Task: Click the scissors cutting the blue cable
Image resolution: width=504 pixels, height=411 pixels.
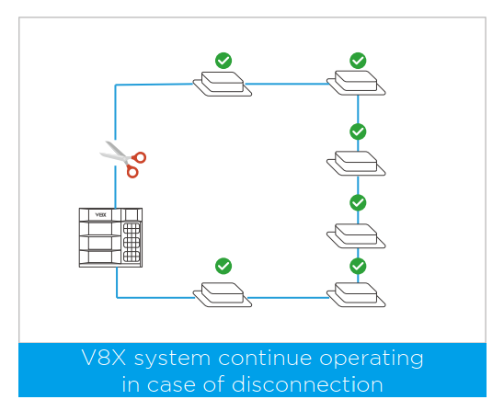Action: coord(123,159)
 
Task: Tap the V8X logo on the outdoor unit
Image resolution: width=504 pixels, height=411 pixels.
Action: coord(100,214)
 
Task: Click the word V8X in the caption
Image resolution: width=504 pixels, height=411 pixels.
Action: coord(104,358)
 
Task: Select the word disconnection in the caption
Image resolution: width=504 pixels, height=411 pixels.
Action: coord(307,383)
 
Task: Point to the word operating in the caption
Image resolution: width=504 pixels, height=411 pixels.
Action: coord(372,359)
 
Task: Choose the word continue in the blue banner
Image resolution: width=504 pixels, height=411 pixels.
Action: coord(265,358)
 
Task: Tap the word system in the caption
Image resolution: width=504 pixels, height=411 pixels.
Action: coord(172,360)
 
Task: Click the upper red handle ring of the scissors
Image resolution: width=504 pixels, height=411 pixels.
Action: coord(140,157)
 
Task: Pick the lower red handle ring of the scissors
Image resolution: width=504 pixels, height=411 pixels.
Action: coord(132,172)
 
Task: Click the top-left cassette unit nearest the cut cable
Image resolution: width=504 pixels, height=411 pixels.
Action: coord(223,84)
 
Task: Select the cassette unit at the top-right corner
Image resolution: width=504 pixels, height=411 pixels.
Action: coord(356,83)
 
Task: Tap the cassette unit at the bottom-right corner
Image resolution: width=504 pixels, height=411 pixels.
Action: coord(356,294)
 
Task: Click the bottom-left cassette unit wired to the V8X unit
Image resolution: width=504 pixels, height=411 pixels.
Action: coord(223,294)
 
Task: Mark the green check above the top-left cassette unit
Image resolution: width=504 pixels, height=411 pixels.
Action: coord(223,61)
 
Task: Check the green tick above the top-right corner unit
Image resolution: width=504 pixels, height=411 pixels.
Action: coord(358,61)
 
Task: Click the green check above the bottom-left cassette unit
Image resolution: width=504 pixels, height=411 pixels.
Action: coord(223,266)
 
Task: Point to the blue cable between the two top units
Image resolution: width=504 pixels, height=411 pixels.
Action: coord(287,85)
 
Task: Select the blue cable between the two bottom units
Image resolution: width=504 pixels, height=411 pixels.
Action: coord(288,298)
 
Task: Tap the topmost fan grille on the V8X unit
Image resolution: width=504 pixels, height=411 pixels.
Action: coord(132,229)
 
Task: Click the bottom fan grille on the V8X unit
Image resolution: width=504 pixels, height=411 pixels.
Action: coord(132,257)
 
